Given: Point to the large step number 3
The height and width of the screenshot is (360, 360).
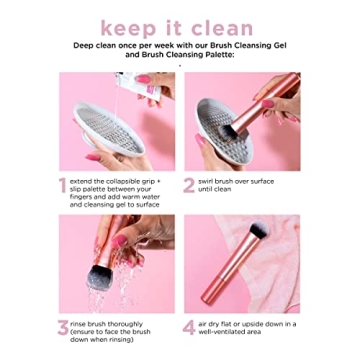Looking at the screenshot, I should point(64,325).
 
